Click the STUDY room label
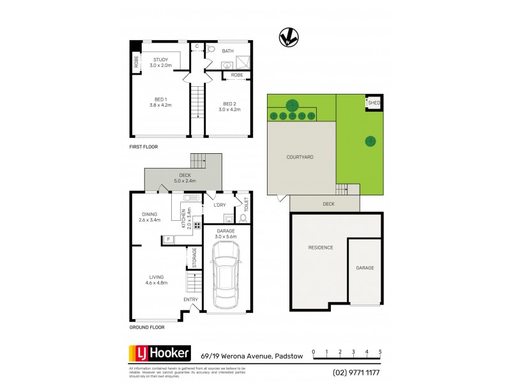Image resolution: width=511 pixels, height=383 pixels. tap(160, 59)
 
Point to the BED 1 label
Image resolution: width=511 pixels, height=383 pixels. tap(160, 100)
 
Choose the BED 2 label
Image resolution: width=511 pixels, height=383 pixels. tap(230, 103)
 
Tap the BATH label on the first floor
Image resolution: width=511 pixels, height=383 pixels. tap(228, 50)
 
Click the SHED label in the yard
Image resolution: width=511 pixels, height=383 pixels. tap(375, 103)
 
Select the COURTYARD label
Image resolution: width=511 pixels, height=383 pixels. tap(300, 156)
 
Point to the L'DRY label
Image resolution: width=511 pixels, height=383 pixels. tap(219, 205)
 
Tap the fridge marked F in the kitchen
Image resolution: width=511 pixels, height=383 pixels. tap(168, 239)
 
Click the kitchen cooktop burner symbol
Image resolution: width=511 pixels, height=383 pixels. tap(197, 226)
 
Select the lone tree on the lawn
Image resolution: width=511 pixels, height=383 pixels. tap(370, 142)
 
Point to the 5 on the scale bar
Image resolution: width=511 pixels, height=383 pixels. tap(380, 352)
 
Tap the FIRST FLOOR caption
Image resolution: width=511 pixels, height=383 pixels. tap(143, 147)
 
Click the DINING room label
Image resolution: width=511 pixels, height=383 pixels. tap(151, 215)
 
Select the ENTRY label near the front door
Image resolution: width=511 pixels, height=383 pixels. tap(191, 299)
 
